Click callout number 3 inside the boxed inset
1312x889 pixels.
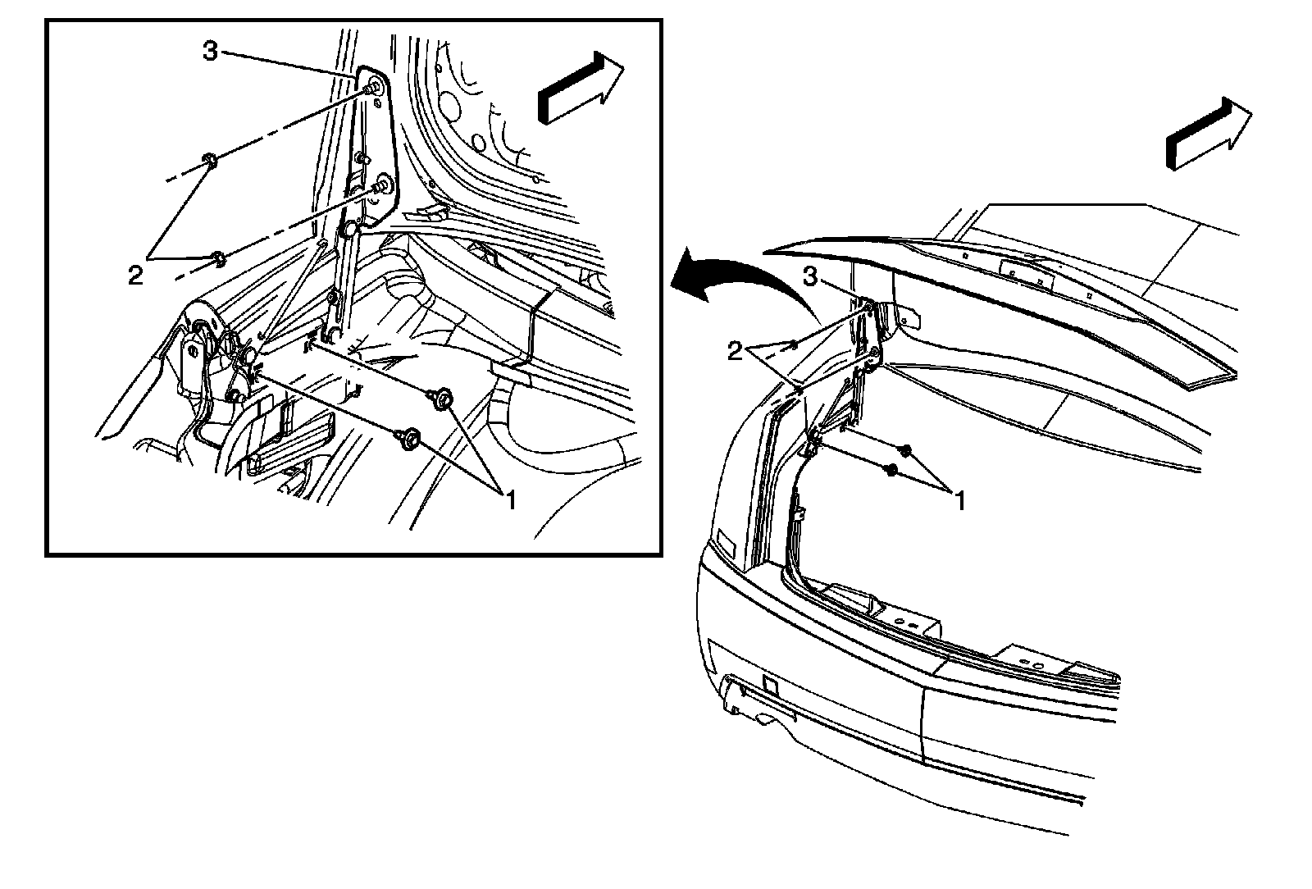[211, 52]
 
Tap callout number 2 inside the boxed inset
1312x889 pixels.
[135, 275]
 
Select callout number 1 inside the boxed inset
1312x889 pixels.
[510, 499]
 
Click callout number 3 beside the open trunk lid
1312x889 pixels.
[809, 278]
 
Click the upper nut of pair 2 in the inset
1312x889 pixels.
[208, 160]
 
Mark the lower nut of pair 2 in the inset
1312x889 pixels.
[217, 260]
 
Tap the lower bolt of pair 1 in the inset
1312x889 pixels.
[409, 439]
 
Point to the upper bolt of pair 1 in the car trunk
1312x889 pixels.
[906, 449]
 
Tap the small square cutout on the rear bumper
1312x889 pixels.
[770, 683]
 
